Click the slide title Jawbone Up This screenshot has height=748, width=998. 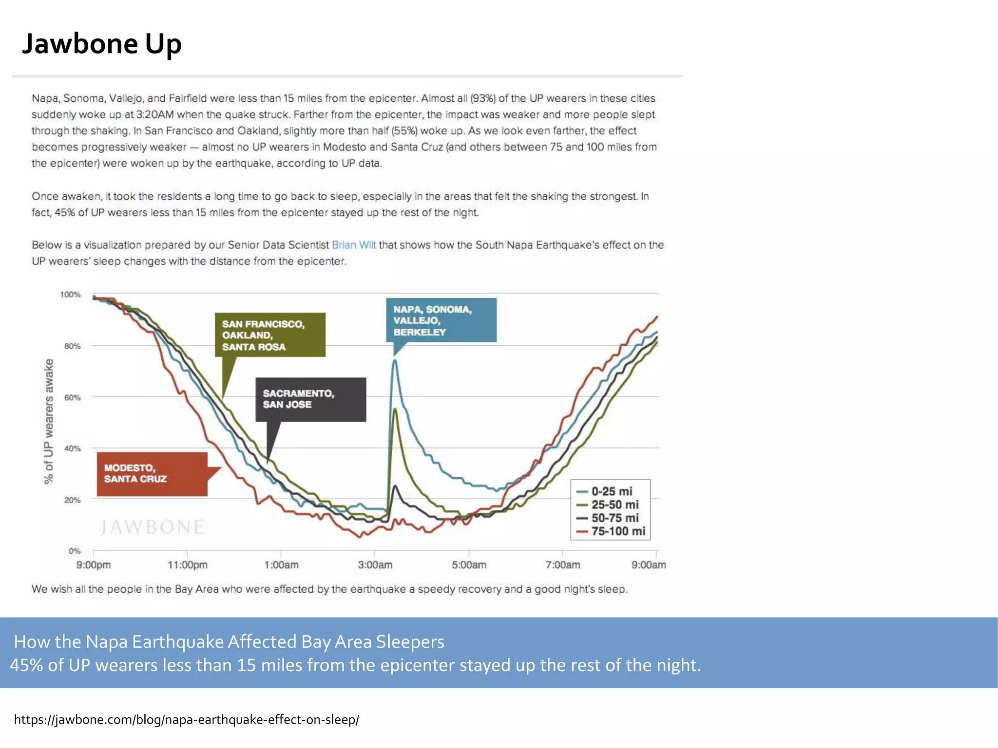click(x=102, y=44)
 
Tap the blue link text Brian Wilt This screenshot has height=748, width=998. click(x=354, y=245)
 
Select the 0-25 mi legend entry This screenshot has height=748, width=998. click(x=611, y=491)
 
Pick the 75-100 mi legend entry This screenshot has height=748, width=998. click(x=617, y=531)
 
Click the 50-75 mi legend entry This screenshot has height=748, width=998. click(x=614, y=518)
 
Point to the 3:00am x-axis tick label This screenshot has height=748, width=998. click(x=375, y=565)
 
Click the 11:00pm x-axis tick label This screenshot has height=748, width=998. click(x=188, y=565)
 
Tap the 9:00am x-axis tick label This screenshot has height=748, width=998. click(x=648, y=565)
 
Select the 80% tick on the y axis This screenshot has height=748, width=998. click(x=72, y=346)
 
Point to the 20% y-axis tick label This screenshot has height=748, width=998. click(x=72, y=500)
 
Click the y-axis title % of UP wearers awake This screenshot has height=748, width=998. click(x=48, y=421)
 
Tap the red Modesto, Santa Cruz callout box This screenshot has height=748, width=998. click(x=152, y=474)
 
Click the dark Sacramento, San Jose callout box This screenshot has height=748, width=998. click(x=310, y=399)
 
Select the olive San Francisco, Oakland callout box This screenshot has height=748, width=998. click(x=270, y=335)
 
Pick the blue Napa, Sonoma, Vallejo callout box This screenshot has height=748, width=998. click(x=441, y=320)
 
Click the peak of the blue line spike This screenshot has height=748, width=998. click(x=395, y=360)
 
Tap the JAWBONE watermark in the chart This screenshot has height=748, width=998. click(x=152, y=527)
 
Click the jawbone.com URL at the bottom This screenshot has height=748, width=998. click(x=186, y=719)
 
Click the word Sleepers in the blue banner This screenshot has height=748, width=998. click(x=410, y=642)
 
